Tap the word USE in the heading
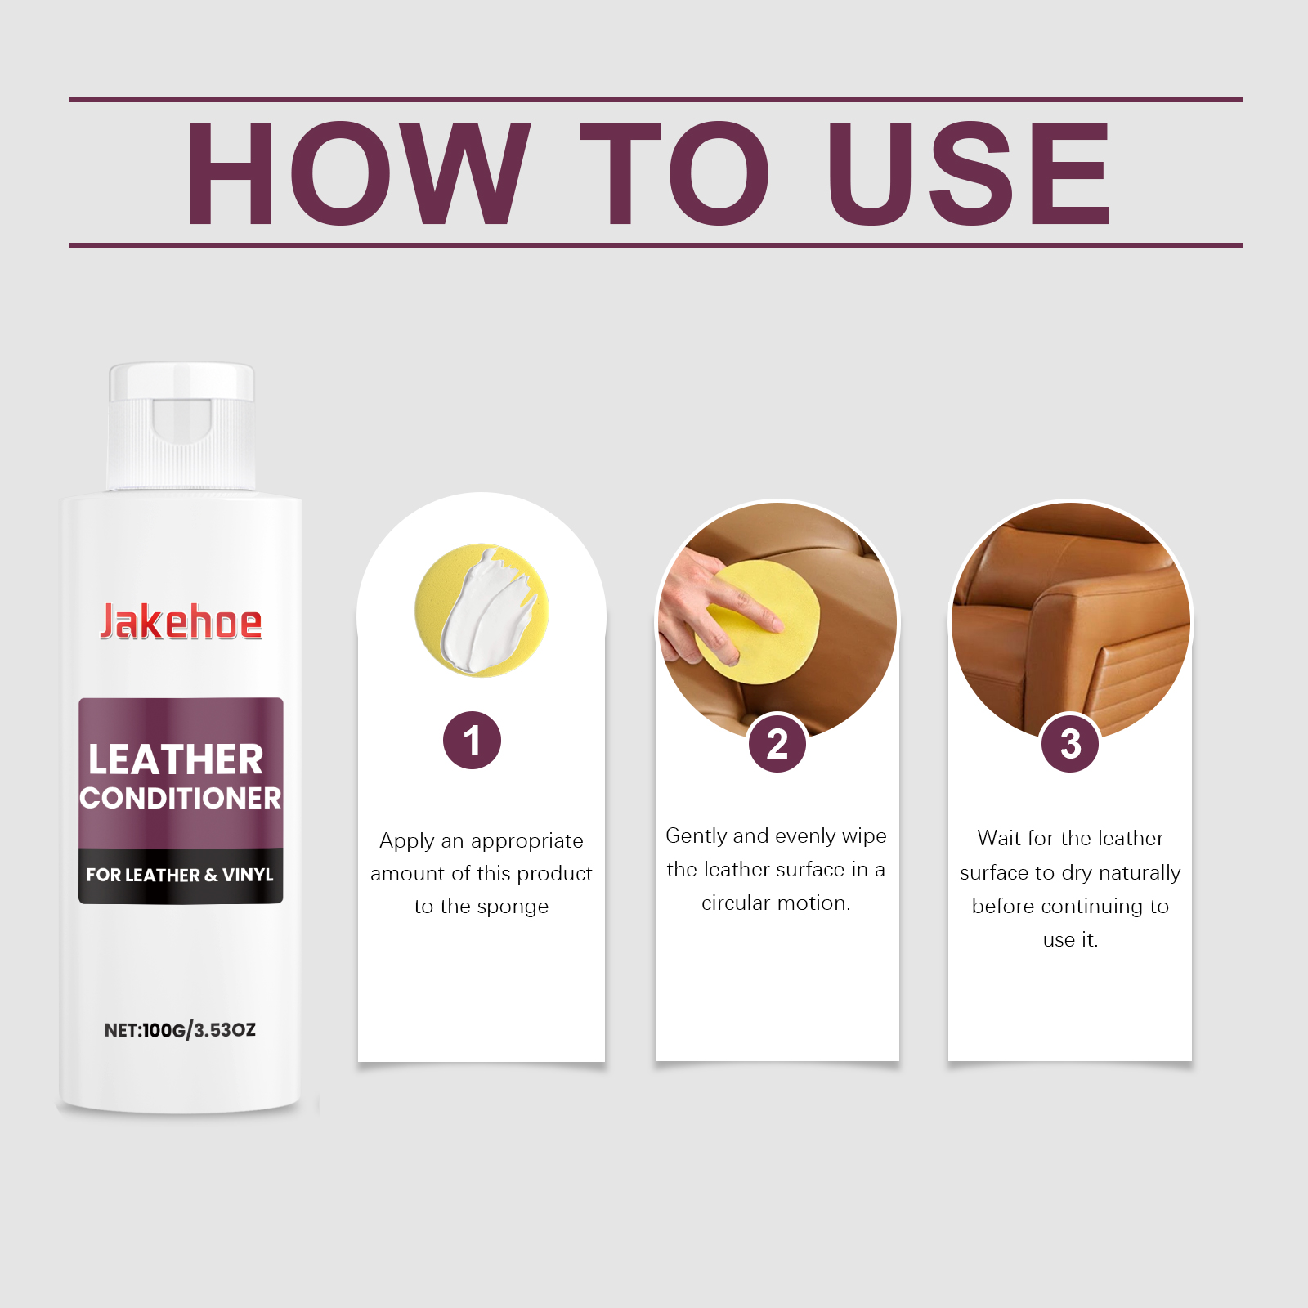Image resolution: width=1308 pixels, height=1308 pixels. [969, 173]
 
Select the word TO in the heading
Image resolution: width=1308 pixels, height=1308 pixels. [675, 173]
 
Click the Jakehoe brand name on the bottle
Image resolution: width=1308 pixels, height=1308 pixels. [181, 622]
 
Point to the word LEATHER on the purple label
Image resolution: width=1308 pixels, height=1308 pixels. [176, 759]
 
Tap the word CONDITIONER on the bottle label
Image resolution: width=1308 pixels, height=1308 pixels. [181, 799]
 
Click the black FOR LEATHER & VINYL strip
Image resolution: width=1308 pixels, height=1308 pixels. [181, 875]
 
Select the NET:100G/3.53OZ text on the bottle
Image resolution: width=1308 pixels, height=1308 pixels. [180, 1030]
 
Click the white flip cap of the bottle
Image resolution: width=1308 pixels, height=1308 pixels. [181, 426]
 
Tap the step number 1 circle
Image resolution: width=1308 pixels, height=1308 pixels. [472, 741]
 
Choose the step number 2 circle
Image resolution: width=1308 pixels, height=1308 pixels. [777, 743]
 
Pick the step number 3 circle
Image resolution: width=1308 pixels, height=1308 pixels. [1070, 743]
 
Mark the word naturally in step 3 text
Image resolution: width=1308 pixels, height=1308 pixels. [1140, 873]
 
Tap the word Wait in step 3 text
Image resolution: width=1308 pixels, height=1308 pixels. [999, 838]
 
